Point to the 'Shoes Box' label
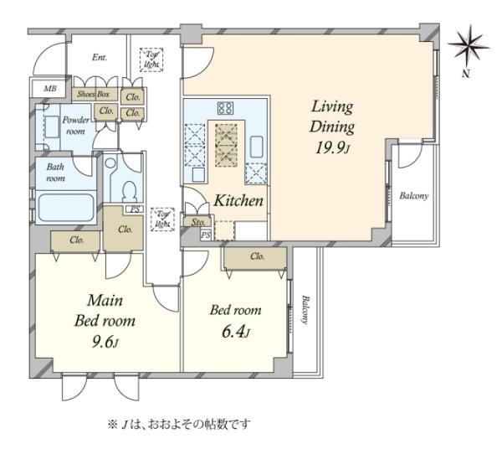94,95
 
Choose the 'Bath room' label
55,172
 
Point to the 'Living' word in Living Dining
332,107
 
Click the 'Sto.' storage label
197,223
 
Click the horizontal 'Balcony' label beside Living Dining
413,197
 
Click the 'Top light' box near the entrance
152,59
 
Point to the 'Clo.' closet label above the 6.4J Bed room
257,256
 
